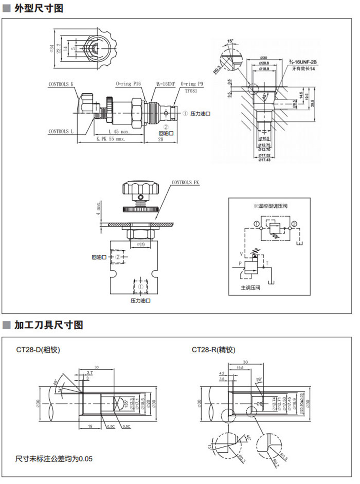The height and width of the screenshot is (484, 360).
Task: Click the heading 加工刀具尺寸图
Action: (x=48, y=325)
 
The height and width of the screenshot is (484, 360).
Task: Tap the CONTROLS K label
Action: (x=61, y=84)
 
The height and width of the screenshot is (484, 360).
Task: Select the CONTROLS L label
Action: (x=61, y=131)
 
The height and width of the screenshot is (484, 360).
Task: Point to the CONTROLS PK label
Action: (x=185, y=183)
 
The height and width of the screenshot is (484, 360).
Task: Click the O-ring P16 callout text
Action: (x=128, y=83)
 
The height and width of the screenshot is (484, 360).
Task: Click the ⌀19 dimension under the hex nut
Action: (x=139, y=245)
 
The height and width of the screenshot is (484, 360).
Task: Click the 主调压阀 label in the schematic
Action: (x=250, y=288)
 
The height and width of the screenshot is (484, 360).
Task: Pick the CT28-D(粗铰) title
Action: (x=39, y=350)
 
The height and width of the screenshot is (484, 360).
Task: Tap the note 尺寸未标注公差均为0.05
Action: (x=54, y=458)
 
